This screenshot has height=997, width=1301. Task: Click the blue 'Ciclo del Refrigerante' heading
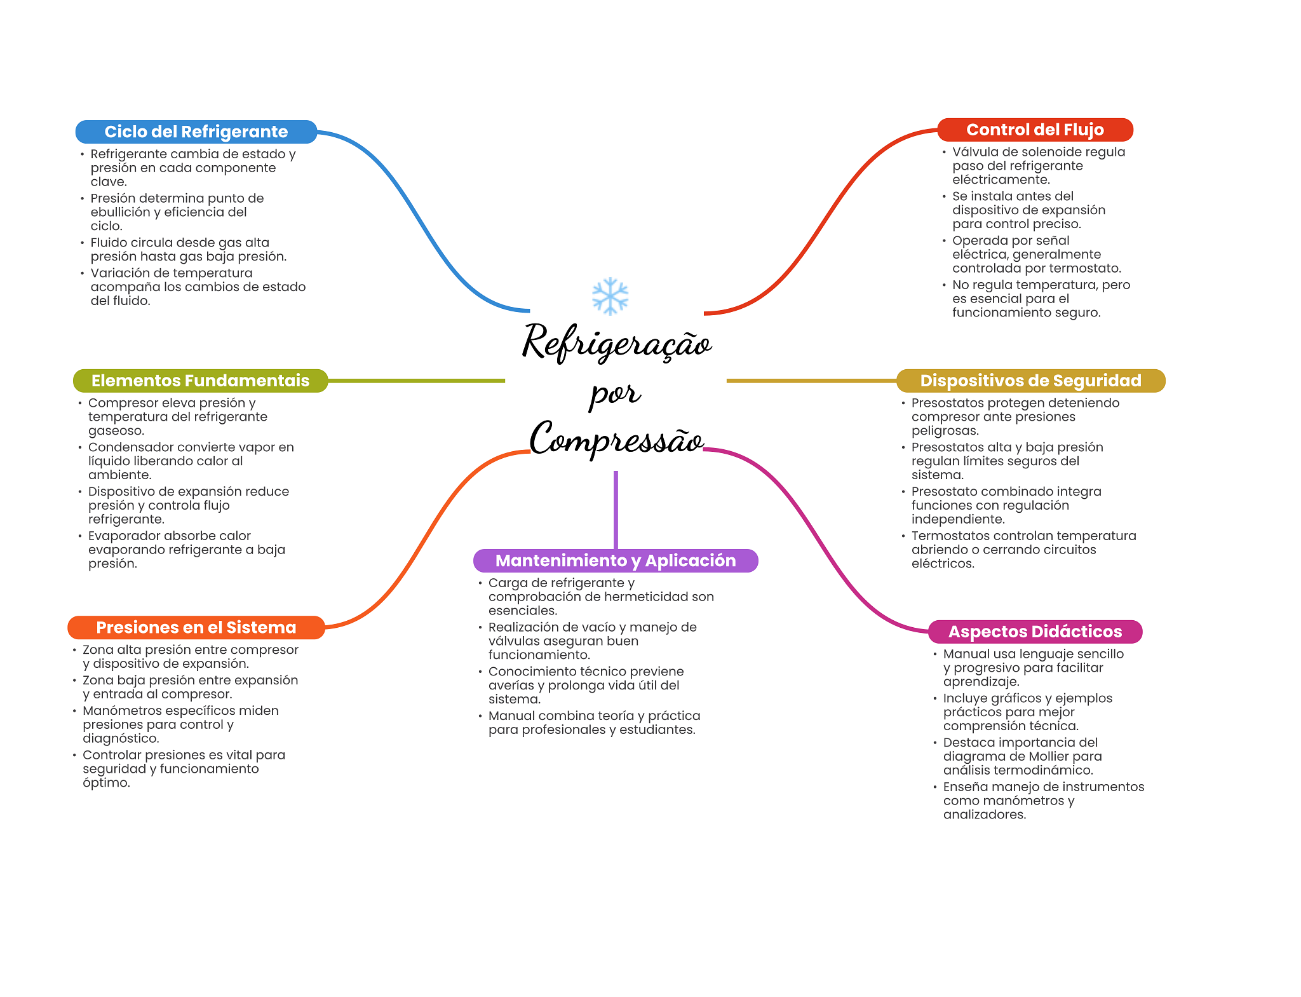tap(196, 132)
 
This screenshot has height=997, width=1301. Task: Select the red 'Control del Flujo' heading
tap(1035, 130)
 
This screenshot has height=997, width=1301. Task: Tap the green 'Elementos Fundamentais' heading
tap(200, 381)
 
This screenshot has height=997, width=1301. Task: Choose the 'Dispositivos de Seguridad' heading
tap(1030, 381)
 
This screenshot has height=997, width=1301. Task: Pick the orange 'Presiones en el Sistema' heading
tap(196, 627)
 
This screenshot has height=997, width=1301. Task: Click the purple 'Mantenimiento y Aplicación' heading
tap(616, 560)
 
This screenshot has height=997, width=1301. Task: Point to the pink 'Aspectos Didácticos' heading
tap(1035, 632)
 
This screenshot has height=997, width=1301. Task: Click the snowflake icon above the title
tap(610, 296)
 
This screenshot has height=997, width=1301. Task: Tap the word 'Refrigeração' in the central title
tap(617, 343)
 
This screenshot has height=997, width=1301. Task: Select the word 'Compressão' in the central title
tap(616, 438)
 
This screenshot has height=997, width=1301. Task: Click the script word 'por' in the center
tap(614, 394)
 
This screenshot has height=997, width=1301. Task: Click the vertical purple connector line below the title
tap(616, 510)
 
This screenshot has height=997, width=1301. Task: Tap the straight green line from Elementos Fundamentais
tap(416, 381)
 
